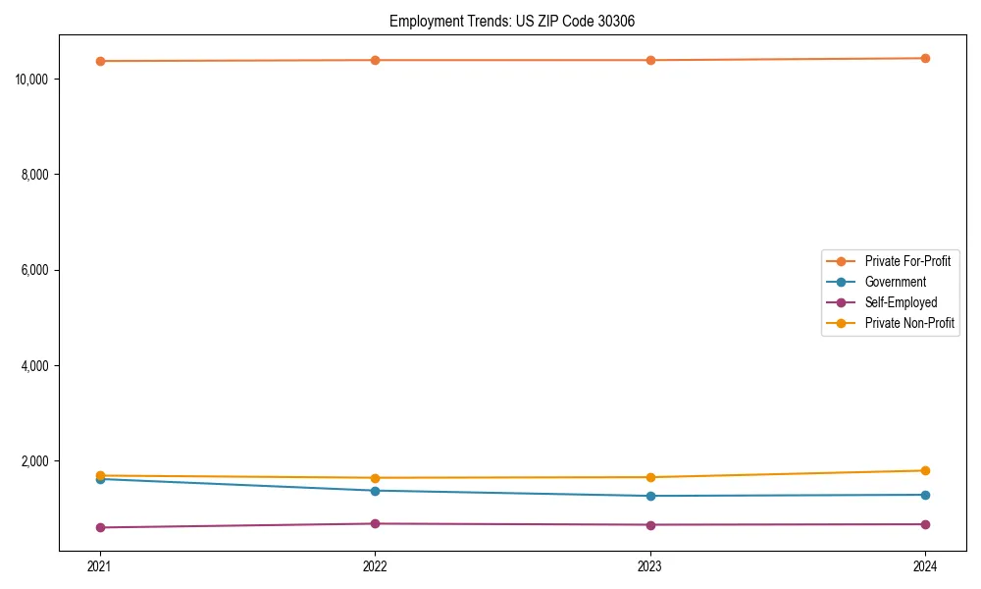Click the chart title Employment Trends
512,21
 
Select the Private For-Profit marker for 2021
100,61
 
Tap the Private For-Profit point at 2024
925,58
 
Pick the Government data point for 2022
375,491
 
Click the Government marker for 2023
650,496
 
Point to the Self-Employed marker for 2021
100,527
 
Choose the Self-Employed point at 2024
925,524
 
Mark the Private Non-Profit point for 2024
925,470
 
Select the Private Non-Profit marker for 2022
375,478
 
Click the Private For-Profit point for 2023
650,60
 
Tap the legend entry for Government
895,282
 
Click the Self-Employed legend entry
901,302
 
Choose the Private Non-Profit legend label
909,323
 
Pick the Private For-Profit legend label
907,261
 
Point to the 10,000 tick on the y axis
33,79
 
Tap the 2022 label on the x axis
375,566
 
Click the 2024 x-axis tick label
925,566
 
